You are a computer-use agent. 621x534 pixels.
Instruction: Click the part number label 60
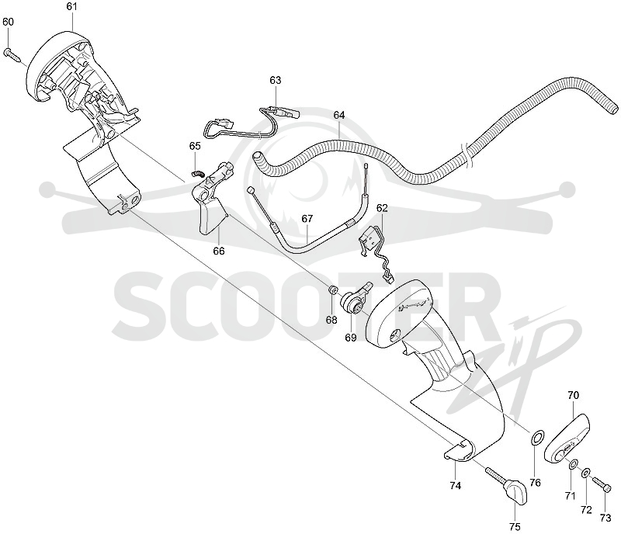click(x=9, y=22)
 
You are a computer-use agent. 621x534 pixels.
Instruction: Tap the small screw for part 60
click(x=12, y=54)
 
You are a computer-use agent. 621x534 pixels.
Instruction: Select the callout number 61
click(x=71, y=7)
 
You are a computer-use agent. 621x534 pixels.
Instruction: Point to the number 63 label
click(x=276, y=80)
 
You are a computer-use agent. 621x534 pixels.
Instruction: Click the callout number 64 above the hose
click(x=339, y=115)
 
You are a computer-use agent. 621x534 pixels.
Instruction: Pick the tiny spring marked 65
click(x=197, y=173)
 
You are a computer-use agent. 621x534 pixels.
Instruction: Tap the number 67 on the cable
click(x=307, y=218)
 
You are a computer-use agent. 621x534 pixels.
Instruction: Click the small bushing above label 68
click(x=333, y=291)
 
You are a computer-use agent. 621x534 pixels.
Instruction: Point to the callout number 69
click(x=351, y=337)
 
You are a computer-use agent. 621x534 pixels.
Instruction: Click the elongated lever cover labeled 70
click(x=567, y=439)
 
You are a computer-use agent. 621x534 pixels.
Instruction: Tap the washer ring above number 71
click(x=573, y=464)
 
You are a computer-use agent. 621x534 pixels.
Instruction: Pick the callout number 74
click(x=456, y=485)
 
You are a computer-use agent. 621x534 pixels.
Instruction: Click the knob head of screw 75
click(x=516, y=491)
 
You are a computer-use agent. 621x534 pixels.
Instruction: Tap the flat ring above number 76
click(x=537, y=438)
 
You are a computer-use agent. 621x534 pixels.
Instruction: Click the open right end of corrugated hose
click(x=613, y=108)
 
